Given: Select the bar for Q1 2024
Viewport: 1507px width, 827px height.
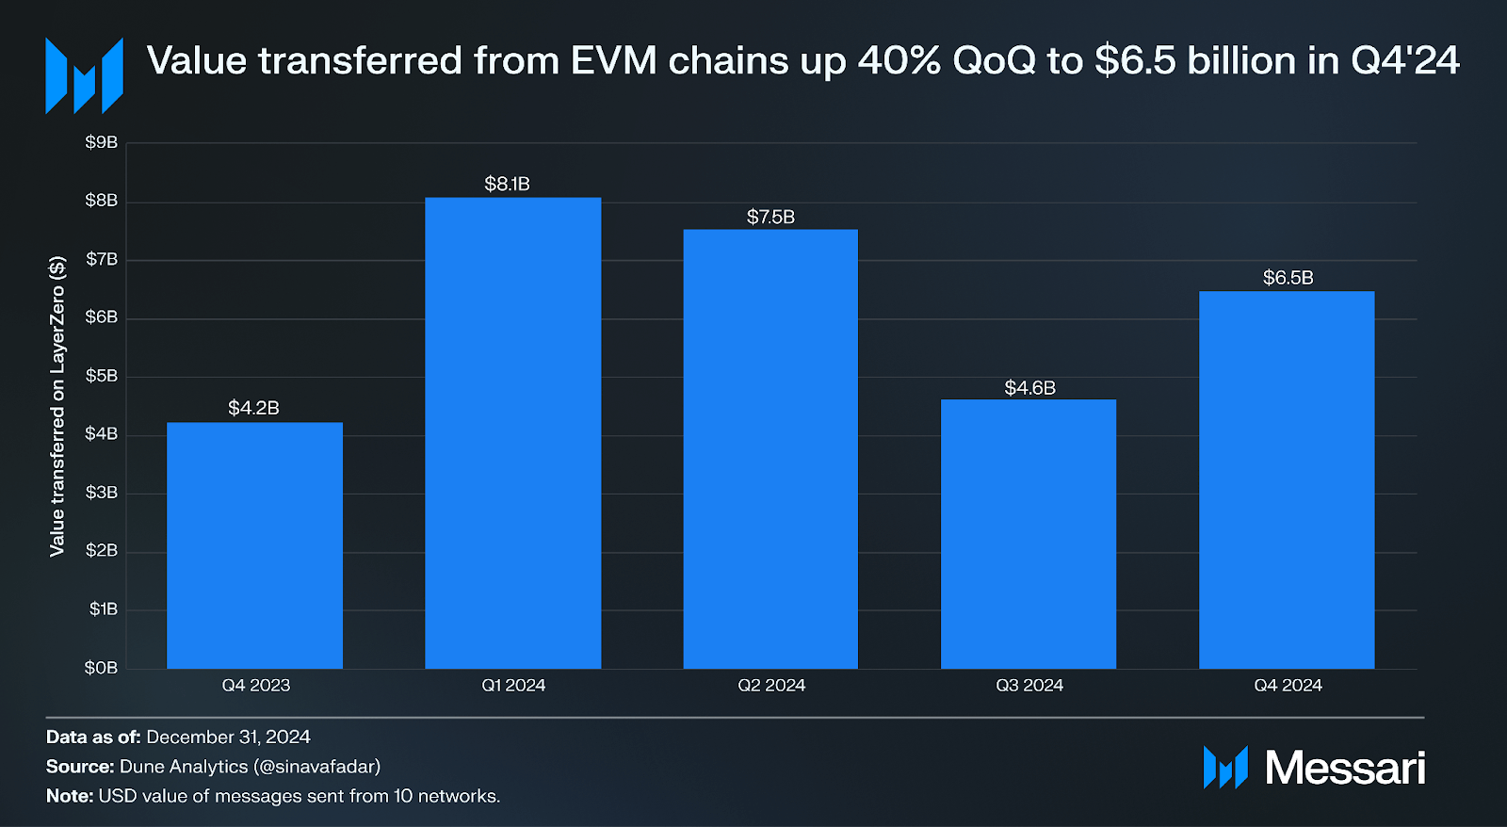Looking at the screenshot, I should point(512,433).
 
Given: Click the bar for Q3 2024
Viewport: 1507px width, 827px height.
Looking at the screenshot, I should point(1029,534).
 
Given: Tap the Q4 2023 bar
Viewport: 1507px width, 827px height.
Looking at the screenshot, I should point(254,545).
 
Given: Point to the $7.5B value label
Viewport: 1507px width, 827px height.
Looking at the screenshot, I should point(770,218).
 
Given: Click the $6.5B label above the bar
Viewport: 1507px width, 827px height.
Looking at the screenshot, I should point(1288,278).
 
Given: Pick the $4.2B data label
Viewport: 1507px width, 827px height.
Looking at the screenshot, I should point(253,408).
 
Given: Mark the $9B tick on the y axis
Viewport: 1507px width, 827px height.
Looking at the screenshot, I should point(101,142).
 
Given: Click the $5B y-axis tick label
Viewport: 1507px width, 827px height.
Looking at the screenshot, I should point(101,376).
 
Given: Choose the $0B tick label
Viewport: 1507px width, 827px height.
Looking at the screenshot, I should point(101,668).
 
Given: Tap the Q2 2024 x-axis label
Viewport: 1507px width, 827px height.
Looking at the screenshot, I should point(771,686).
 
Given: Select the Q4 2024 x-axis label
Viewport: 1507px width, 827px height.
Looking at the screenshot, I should point(1288,686).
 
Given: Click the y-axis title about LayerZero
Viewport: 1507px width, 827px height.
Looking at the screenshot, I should point(57,406).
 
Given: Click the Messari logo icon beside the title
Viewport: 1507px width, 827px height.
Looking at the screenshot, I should point(84,75).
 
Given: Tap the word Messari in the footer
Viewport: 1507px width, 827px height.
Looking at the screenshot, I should point(1344,768).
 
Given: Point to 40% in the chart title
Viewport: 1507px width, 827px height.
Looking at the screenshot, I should point(899,61).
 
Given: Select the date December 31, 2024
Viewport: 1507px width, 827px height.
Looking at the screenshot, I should point(228,738).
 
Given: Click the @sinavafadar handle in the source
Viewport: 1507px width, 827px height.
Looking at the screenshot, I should point(316,767).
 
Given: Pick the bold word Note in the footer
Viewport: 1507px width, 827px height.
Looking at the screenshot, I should point(68,796).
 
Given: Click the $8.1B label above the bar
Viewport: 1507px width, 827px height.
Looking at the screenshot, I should point(507,185).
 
